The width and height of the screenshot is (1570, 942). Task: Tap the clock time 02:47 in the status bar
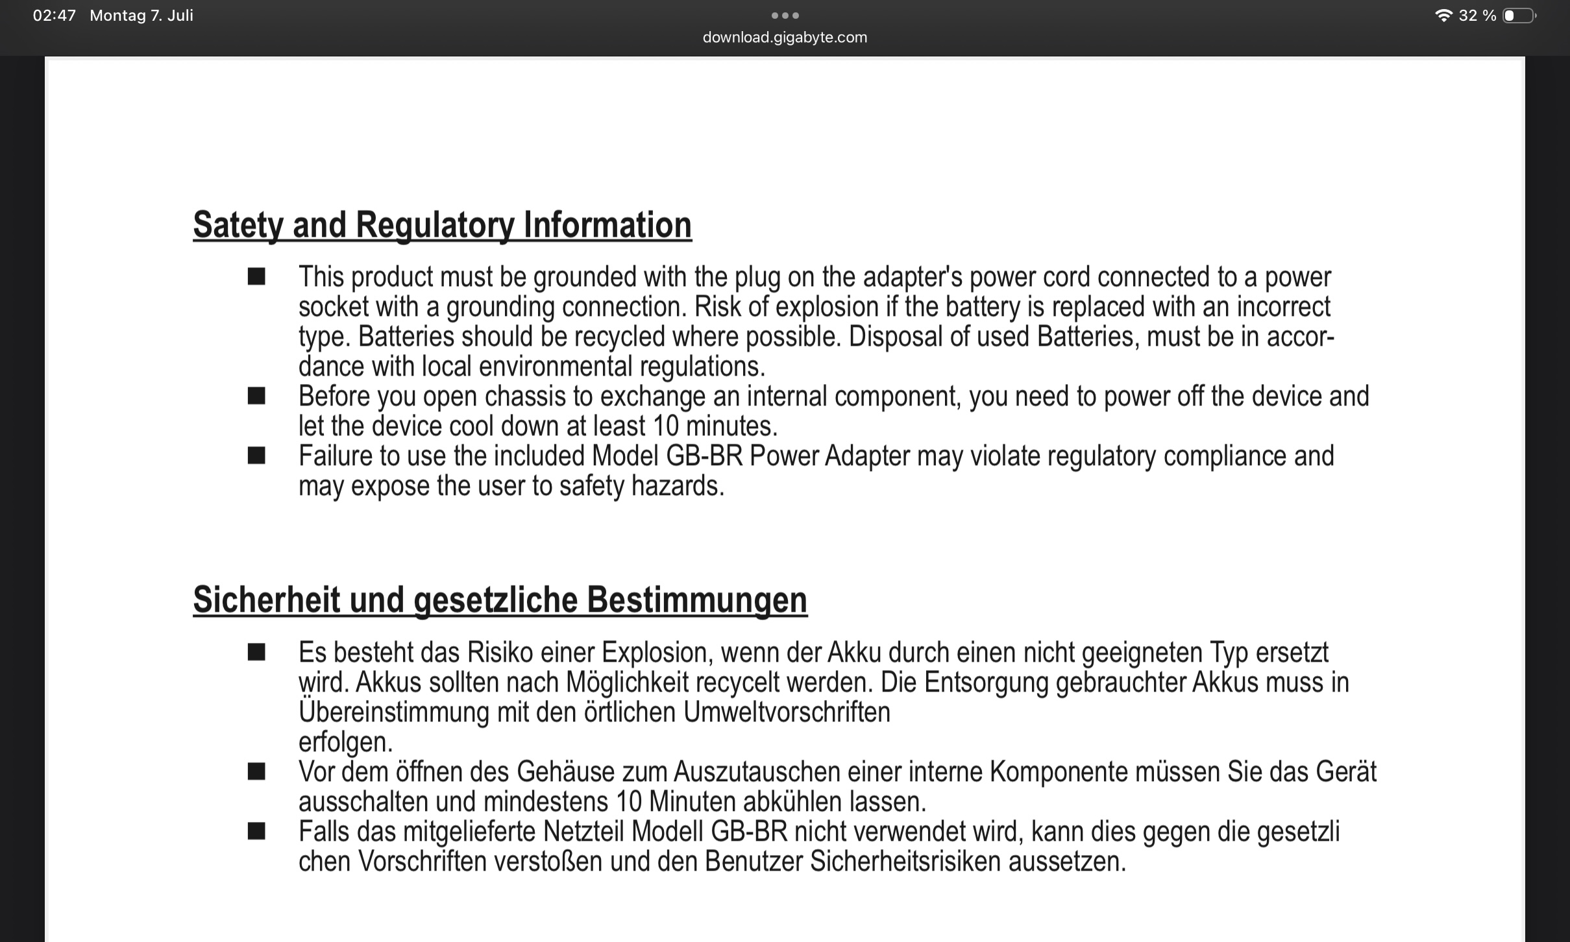pos(55,16)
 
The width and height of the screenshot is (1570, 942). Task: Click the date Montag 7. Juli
pos(141,16)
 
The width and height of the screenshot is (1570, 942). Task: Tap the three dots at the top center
pos(785,16)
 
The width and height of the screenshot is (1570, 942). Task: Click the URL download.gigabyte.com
pos(785,38)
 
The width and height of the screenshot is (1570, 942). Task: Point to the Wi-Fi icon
pos(1443,16)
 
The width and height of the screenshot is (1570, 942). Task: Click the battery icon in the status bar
pos(1519,16)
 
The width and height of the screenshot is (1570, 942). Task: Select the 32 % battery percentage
pos(1477,16)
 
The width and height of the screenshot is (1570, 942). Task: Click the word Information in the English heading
pos(607,225)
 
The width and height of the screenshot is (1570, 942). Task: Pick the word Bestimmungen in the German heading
pos(697,600)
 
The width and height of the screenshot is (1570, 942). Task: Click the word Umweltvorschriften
pos(787,712)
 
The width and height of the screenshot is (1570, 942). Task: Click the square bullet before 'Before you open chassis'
pos(256,396)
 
